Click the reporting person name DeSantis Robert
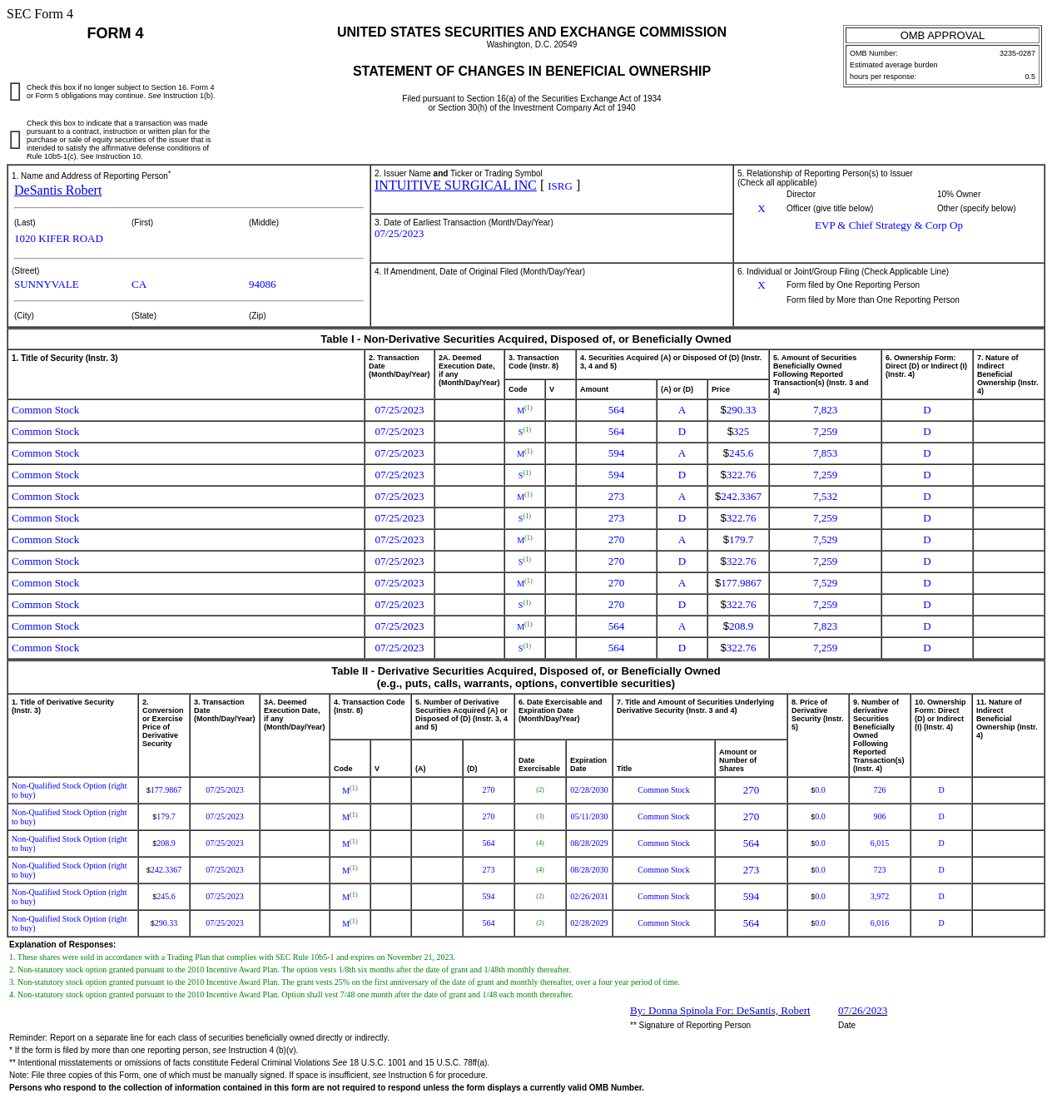(57, 190)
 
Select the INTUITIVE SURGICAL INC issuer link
(455, 185)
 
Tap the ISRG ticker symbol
(559, 186)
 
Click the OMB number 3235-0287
(1017, 53)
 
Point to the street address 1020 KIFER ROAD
(58, 239)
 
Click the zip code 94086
(262, 284)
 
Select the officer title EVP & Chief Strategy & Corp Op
(888, 225)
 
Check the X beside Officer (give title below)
(761, 209)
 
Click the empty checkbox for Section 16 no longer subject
(15, 92)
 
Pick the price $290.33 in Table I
(738, 410)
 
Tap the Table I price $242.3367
(738, 497)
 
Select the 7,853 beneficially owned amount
(825, 453)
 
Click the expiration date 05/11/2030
(588, 817)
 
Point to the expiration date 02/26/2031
(588, 897)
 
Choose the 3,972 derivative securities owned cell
(879, 897)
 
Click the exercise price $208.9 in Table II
(163, 843)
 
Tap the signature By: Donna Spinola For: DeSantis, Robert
(719, 1011)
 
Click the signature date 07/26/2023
(862, 1011)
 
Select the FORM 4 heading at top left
(115, 33)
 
